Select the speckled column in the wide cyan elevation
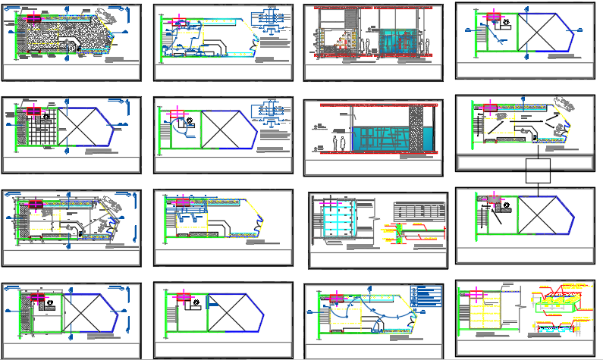[x=416, y=129]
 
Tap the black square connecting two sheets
[x=537, y=171]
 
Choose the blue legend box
[x=424, y=296]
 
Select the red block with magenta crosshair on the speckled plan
[x=33, y=18]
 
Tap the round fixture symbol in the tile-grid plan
[x=47, y=117]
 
